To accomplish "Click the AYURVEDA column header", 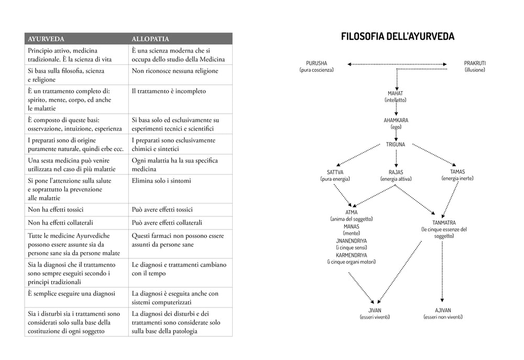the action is click(x=46, y=39).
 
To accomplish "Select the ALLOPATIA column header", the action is click(x=150, y=39).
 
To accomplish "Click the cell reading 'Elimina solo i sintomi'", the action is click(x=161, y=181).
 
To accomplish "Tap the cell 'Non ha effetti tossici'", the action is click(x=56, y=210).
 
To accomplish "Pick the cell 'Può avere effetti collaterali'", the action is click(x=167, y=223).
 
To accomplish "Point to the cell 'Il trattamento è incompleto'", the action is click(x=169, y=91).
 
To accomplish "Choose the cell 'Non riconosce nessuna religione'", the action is click(x=175, y=71).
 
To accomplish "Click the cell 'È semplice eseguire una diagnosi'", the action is click(x=71, y=293).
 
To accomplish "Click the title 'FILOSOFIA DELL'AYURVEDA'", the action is click(x=398, y=36).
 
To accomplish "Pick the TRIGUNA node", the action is click(x=395, y=145).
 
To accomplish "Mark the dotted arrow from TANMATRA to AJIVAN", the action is click(x=442, y=272).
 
